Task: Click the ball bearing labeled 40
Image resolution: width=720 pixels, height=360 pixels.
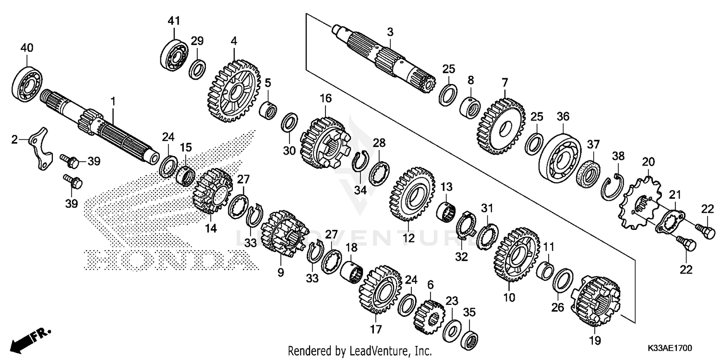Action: tap(27, 83)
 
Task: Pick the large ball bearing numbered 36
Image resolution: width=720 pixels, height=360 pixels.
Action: tap(559, 150)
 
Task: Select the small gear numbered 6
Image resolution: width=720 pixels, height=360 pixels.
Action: tap(429, 316)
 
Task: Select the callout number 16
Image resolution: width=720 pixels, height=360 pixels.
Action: tap(325, 98)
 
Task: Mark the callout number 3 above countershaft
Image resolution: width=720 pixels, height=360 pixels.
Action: tap(390, 32)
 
